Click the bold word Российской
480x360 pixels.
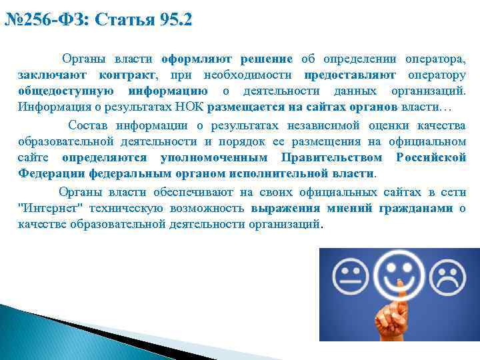[431, 157]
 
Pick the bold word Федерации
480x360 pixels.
[47, 173]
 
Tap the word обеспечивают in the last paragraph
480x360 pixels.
[189, 192]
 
